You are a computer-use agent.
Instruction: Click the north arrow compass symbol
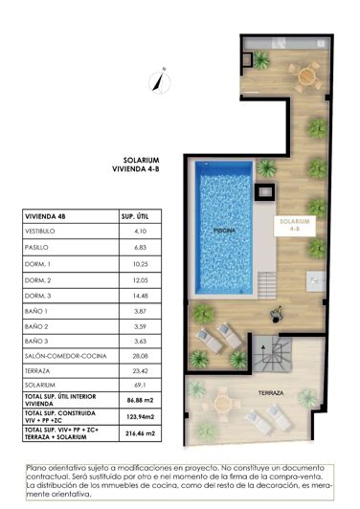[x=165, y=79]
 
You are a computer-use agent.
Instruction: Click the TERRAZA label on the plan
[x=268, y=393]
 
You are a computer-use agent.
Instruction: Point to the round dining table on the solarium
[x=306, y=74]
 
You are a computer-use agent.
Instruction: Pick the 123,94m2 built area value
[x=140, y=419]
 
